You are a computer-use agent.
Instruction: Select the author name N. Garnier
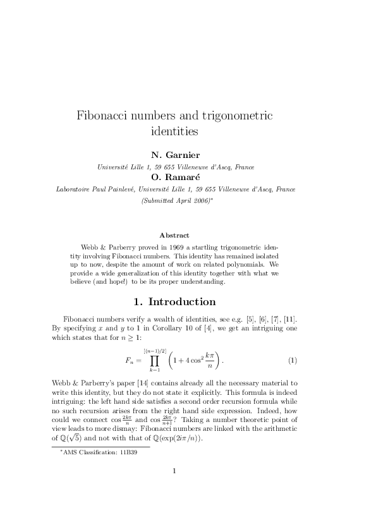point(176,155)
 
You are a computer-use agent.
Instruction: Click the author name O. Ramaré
point(176,178)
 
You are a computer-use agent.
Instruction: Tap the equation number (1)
point(293,361)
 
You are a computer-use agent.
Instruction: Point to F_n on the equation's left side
point(131,361)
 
